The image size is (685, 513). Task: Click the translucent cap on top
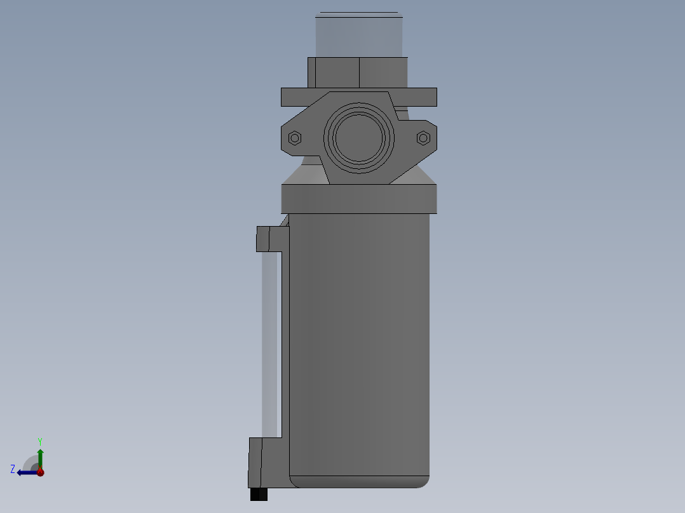coord(359,35)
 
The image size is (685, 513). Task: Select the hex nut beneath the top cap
coord(357,72)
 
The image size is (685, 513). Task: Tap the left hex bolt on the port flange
coord(295,138)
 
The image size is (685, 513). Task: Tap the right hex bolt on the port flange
coord(423,138)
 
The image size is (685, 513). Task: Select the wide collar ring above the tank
coord(359,199)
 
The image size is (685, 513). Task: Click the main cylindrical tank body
coord(359,343)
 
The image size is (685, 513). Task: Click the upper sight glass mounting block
coord(269,239)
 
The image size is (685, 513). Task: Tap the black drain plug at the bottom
coord(259,494)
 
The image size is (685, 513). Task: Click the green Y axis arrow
coord(40,457)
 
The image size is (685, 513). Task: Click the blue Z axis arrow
coord(27,472)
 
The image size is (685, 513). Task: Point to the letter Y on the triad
coord(39,441)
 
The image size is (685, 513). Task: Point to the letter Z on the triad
coord(13,469)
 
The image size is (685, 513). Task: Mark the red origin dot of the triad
coord(40,472)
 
